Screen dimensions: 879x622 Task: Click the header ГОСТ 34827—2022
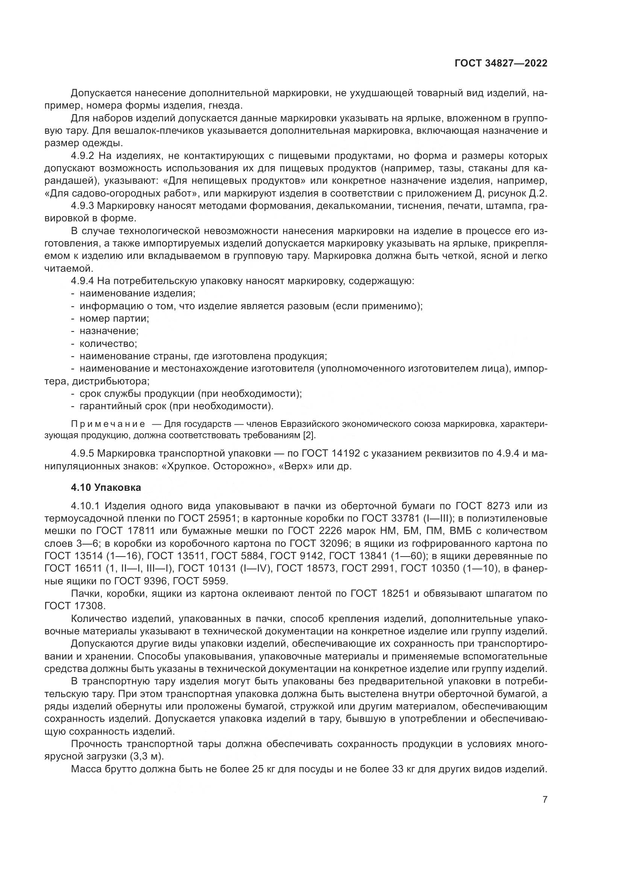501,64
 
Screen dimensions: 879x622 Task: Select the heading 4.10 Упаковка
106,487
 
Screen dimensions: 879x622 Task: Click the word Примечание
108,424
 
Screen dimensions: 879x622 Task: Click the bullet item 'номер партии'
114,319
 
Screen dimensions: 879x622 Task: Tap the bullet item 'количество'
108,343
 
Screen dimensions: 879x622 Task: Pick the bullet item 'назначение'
109,331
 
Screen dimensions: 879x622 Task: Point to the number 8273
499,506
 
